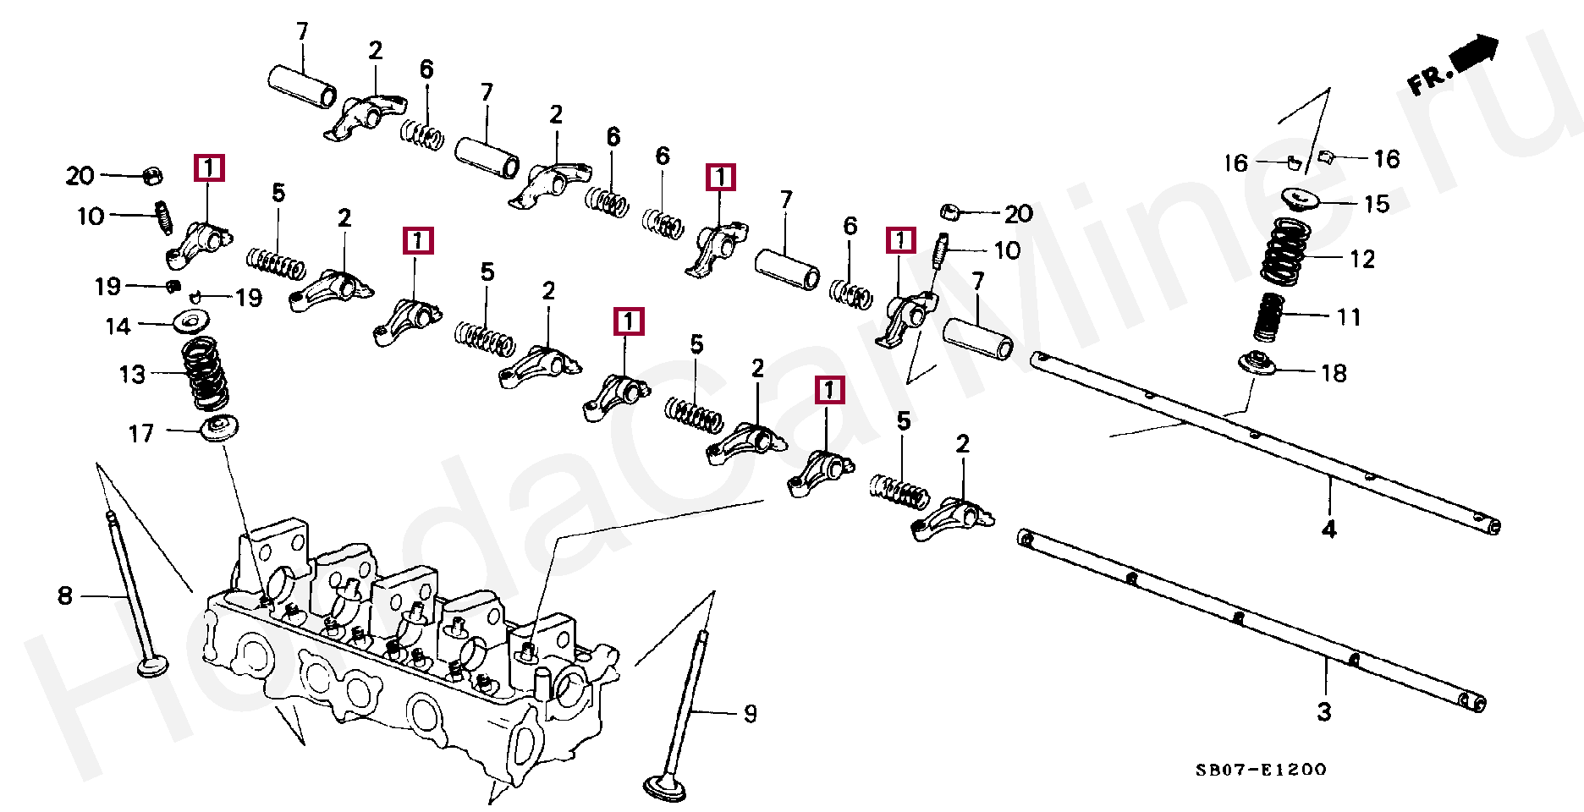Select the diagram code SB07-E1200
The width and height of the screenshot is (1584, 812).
(x=1261, y=770)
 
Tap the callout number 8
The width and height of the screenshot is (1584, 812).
(x=65, y=595)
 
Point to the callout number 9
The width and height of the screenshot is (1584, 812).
(x=750, y=714)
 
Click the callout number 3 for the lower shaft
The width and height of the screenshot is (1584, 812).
(x=1324, y=712)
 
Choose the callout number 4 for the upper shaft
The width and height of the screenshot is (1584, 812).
(x=1329, y=529)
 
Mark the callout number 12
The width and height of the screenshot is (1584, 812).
(x=1362, y=259)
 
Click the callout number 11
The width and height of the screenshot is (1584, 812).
(x=1349, y=317)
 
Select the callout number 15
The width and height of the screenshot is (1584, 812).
(x=1377, y=204)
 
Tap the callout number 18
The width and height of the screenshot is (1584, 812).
(x=1334, y=373)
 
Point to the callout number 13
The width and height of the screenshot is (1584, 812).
(x=132, y=374)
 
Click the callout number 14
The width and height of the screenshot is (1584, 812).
(x=118, y=326)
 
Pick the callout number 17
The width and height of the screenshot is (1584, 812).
(x=140, y=434)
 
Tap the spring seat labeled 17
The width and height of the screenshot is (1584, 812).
(x=219, y=428)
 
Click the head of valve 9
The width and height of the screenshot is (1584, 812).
(x=664, y=788)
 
